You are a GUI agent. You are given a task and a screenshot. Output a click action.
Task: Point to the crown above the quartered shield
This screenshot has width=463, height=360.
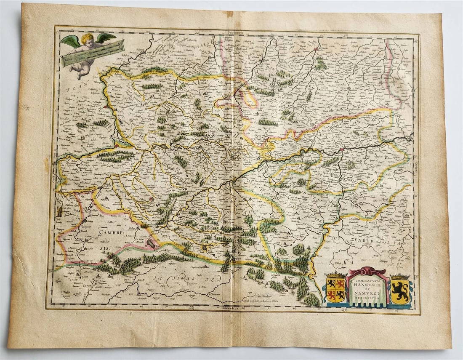pyautogui.click(x=335, y=276)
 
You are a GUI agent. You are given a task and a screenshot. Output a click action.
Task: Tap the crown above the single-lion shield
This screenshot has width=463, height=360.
pyautogui.click(x=400, y=277)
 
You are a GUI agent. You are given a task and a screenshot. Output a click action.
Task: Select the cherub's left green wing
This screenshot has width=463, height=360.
pyautogui.click(x=69, y=41)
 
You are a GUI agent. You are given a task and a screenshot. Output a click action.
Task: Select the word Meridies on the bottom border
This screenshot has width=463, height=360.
pyautogui.click(x=228, y=309)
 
